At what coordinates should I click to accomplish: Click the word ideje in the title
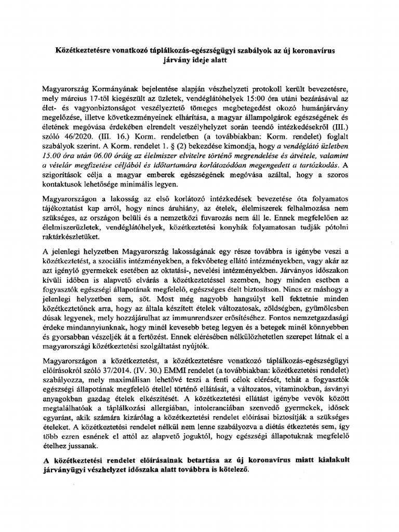pos(217,61)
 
